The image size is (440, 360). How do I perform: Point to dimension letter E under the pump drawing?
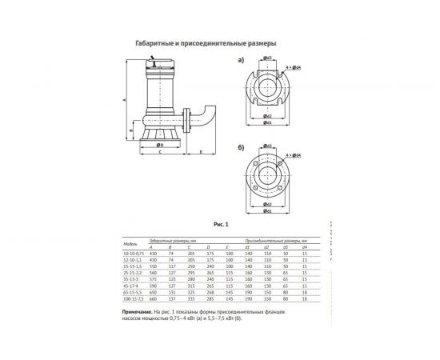[199, 150]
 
